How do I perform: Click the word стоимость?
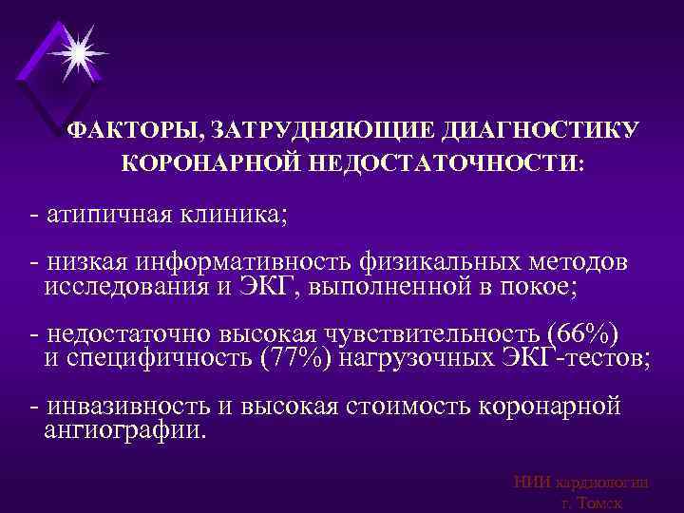(x=417, y=406)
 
